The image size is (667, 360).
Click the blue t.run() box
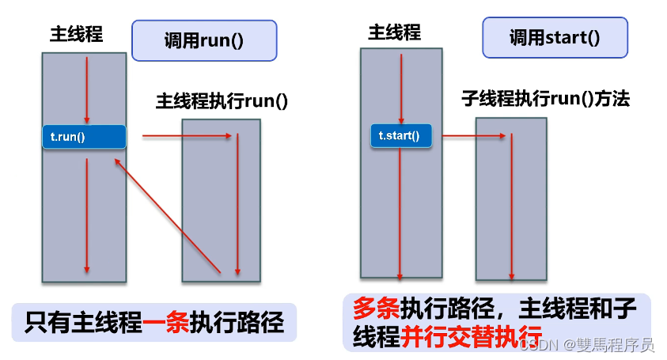pos(84,137)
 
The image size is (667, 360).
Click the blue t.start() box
pos(401,136)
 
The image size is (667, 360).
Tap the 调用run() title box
pos(204,40)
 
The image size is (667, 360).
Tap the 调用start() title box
pos(555,36)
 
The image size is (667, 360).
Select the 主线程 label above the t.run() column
pos(76,35)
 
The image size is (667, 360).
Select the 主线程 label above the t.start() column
pos(394,32)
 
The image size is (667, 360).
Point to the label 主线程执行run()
pos(222,101)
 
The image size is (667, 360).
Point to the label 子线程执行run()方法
pos(545,100)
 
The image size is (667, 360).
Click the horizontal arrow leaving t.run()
pos(188,136)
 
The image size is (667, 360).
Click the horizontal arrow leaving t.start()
pos(473,136)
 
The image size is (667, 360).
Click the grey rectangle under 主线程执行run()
pos(221,199)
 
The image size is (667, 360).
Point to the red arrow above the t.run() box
pos(87,89)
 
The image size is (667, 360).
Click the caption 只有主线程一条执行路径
pos(154,324)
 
